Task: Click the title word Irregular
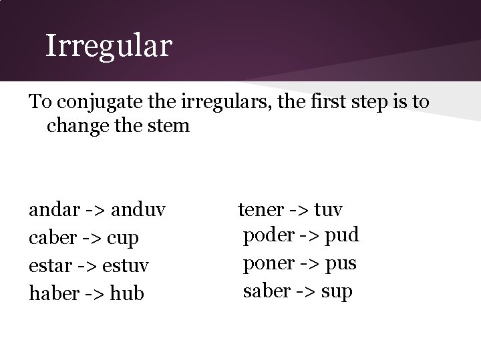[x=108, y=46]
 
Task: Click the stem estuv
[x=125, y=265]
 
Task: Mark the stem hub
[x=126, y=292]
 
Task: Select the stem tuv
[x=327, y=210]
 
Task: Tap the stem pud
[x=343, y=235]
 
